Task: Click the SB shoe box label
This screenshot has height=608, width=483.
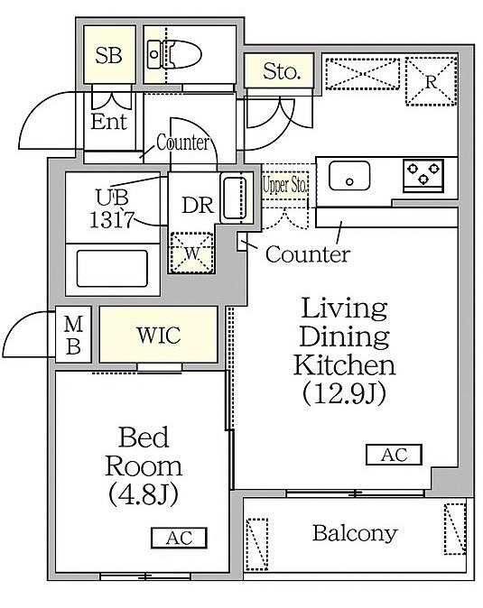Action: pyautogui.click(x=108, y=55)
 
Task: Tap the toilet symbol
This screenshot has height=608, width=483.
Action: pyautogui.click(x=174, y=54)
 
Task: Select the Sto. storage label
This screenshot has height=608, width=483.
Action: pyautogui.click(x=282, y=71)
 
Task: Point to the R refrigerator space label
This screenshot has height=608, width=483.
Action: pyautogui.click(x=431, y=82)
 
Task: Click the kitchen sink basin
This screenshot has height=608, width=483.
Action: pyautogui.click(x=349, y=176)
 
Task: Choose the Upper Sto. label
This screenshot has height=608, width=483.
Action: pyautogui.click(x=285, y=185)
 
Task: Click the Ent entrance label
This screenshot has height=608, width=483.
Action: pyautogui.click(x=109, y=122)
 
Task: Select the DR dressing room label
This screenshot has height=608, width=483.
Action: pyautogui.click(x=198, y=205)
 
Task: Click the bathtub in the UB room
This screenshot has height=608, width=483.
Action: pyautogui.click(x=112, y=269)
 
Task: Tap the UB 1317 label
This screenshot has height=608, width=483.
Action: pyautogui.click(x=112, y=208)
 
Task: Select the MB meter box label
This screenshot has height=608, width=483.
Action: pyautogui.click(x=73, y=335)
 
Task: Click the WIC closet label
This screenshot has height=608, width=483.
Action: pyautogui.click(x=159, y=335)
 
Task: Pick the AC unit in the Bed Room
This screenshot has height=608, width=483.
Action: pyautogui.click(x=179, y=538)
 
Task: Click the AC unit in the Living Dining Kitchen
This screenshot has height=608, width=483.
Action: pyautogui.click(x=394, y=455)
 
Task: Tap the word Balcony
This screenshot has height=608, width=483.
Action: pyautogui.click(x=355, y=534)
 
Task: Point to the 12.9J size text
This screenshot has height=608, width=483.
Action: pyautogui.click(x=345, y=392)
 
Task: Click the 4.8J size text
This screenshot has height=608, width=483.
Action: pyautogui.click(x=144, y=493)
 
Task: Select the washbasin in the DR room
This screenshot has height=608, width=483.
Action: pyautogui.click(x=235, y=198)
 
